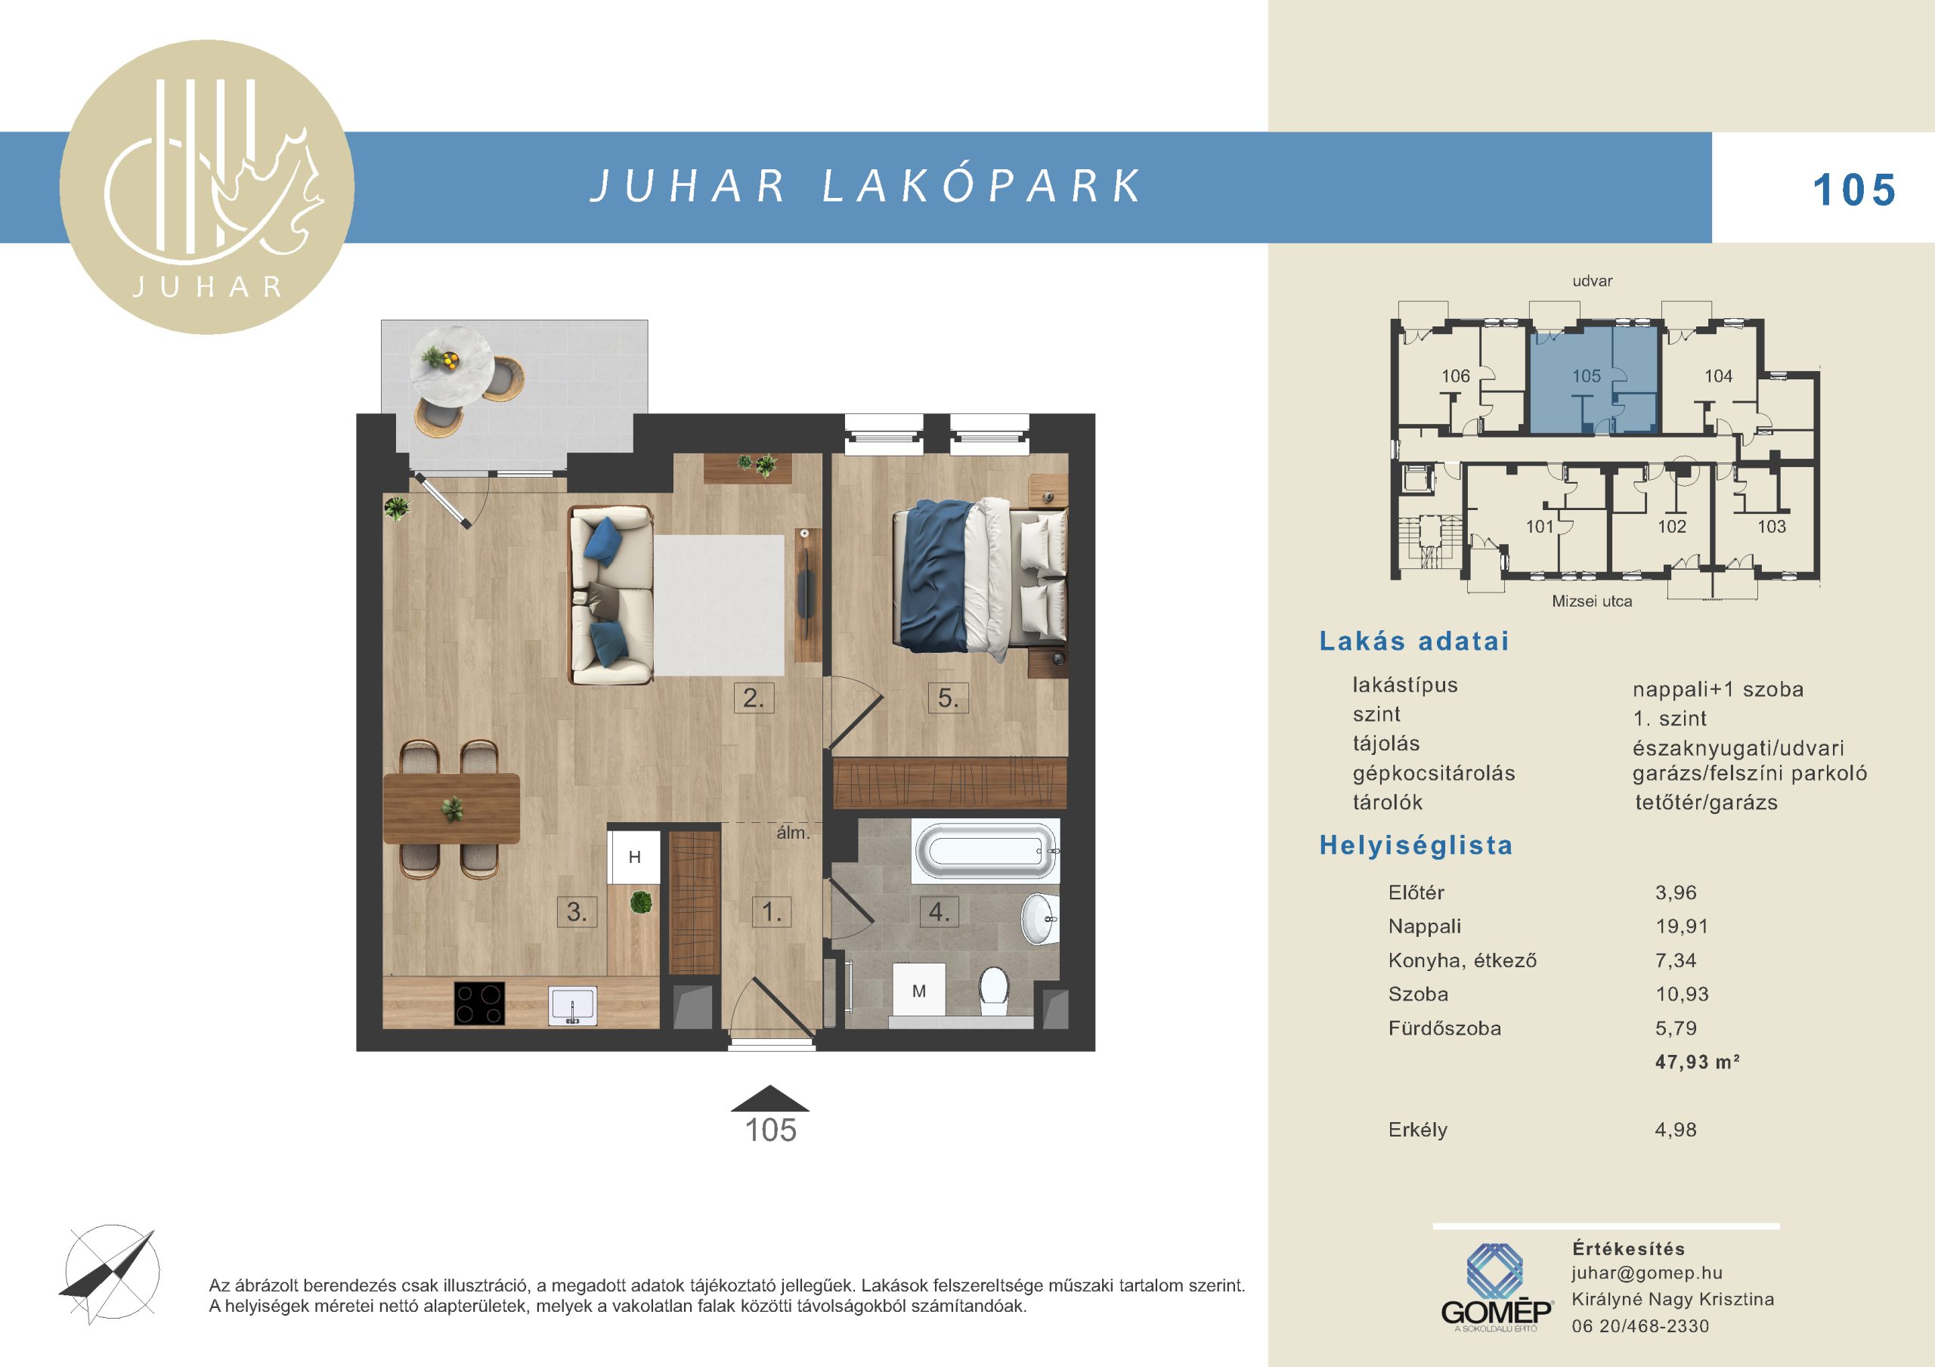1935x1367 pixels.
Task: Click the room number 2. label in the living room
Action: pos(754,699)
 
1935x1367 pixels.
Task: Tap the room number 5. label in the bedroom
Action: pos(948,699)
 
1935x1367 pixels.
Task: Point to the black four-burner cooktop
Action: pos(479,1004)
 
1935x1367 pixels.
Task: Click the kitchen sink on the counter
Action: pos(572,1006)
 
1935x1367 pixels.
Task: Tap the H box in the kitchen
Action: pos(635,857)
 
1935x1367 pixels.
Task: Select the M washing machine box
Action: pos(918,991)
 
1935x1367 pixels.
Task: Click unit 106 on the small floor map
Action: pos(1456,377)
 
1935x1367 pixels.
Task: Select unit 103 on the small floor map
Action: pos(1772,527)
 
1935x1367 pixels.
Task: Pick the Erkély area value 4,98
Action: pos(1676,1129)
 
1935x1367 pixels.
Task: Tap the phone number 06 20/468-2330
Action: pos(1640,1325)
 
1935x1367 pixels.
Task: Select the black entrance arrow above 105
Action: pos(770,1098)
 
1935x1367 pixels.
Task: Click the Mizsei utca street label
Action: pos(1592,601)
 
